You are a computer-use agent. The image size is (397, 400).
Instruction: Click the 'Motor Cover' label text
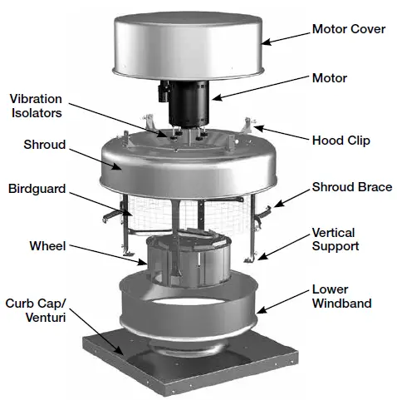tap(347, 29)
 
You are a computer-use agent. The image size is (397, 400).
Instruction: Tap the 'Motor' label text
tap(329, 78)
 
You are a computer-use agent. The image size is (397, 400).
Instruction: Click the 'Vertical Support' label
tap(335, 240)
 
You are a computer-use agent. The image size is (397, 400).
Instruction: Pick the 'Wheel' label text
tap(49, 246)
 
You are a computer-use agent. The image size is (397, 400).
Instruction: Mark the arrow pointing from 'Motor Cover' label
tap(283, 35)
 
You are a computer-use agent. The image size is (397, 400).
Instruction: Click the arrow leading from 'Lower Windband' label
tap(282, 299)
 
